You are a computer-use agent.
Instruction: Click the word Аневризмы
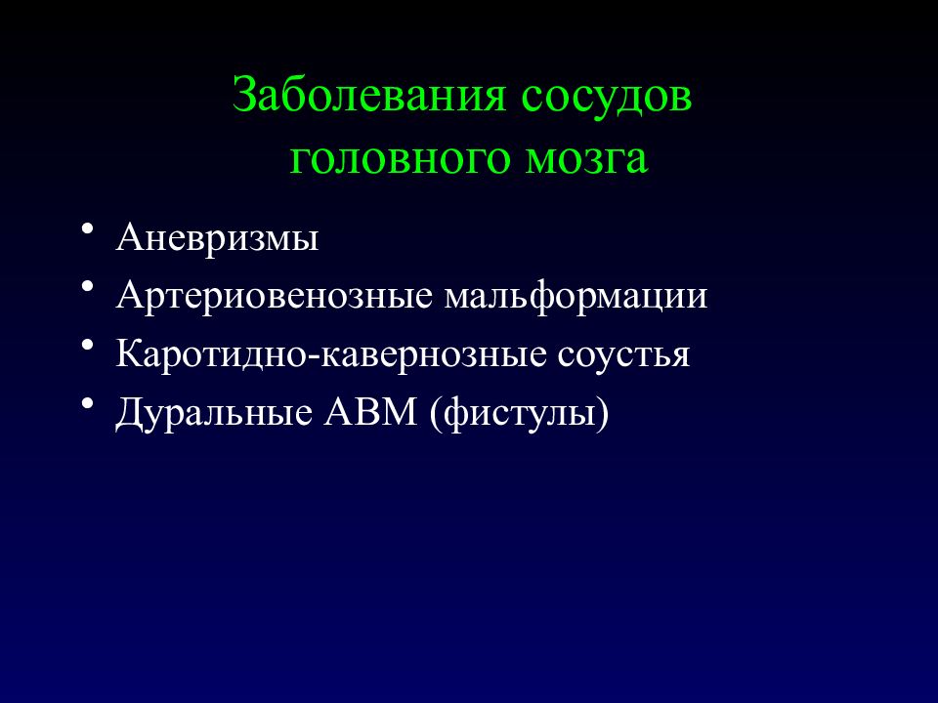pyautogui.click(x=217, y=238)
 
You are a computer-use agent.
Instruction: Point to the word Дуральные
pyautogui.click(x=215, y=412)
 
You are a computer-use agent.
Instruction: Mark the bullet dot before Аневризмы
pyautogui.click(x=89, y=228)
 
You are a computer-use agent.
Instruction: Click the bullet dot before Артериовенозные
pyautogui.click(x=89, y=286)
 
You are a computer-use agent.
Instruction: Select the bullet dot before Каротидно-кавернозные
pyautogui.click(x=89, y=344)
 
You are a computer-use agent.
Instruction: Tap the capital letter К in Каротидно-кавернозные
pyautogui.click(x=129, y=353)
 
